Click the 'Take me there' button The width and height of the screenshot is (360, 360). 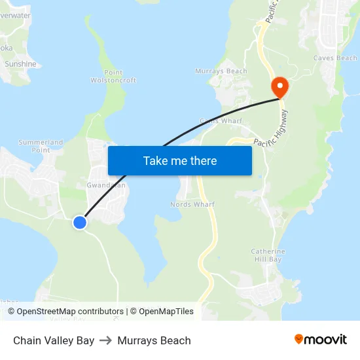[x=180, y=160]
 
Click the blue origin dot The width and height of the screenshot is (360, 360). [x=80, y=223]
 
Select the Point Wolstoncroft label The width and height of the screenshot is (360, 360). [x=113, y=77]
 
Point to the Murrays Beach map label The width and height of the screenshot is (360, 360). [x=221, y=71]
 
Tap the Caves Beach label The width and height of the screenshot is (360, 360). [x=335, y=58]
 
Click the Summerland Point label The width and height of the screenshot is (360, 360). [x=41, y=145]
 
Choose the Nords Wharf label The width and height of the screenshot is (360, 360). [x=192, y=204]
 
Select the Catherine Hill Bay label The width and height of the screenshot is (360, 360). [x=268, y=255]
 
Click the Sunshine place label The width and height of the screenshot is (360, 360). [x=20, y=64]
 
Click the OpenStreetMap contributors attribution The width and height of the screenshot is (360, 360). [x=70, y=312]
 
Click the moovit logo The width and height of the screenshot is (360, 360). [x=320, y=339]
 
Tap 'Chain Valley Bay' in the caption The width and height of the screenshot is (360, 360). [x=54, y=340]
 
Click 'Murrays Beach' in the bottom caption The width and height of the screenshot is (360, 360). [x=154, y=340]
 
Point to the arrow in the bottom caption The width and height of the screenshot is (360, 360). [x=106, y=340]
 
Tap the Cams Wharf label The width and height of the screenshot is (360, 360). [x=221, y=121]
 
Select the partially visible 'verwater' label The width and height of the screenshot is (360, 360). [x=16, y=15]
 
